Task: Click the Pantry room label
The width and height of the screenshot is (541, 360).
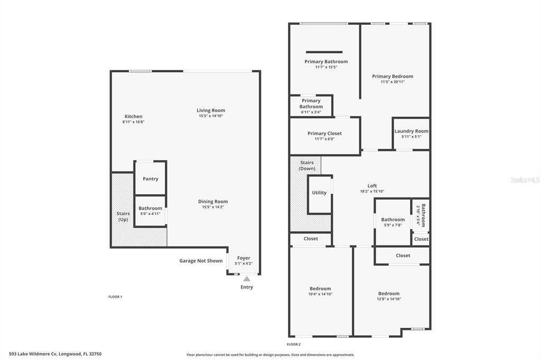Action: pos(151,178)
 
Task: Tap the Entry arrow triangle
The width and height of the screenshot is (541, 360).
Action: pos(247,279)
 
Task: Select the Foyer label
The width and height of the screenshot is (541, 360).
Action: pos(244,258)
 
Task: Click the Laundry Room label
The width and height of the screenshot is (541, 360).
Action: pos(411,131)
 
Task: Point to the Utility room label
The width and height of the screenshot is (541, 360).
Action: pos(319,193)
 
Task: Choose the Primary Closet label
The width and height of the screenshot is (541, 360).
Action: pos(325,133)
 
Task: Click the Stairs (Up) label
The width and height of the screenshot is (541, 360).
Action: pos(123,216)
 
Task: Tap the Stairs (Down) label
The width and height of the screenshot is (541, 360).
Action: pos(307,166)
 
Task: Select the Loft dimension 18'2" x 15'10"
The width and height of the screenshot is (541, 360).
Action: pos(372,192)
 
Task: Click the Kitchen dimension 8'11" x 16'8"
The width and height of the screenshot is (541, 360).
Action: pos(133,122)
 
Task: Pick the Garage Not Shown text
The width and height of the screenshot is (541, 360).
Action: pos(201,261)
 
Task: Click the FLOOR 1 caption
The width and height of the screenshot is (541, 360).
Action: pos(115,297)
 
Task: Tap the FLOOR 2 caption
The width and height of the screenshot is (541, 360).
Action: pos(294,344)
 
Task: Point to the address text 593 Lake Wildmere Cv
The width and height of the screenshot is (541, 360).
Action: pos(33,354)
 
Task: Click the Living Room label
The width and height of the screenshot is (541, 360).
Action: pos(211,110)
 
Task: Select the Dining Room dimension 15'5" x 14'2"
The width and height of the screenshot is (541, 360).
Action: pos(213,207)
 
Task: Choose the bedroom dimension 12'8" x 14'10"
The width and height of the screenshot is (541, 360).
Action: pos(389,299)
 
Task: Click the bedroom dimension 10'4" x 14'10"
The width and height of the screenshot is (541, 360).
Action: pos(320,294)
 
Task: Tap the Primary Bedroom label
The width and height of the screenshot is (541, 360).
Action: pos(393,76)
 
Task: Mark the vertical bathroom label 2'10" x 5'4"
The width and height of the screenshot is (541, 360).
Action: pos(418,215)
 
